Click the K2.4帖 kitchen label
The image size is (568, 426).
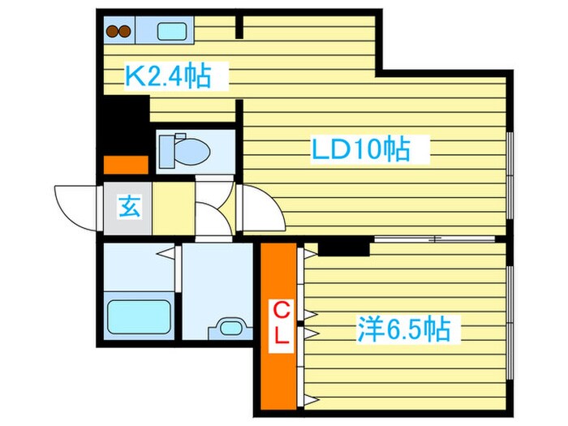167,77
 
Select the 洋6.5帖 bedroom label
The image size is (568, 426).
403,329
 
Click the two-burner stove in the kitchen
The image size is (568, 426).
119,32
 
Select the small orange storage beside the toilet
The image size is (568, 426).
125,165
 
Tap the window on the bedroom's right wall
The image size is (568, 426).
510,325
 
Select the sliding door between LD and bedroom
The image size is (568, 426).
434,239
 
